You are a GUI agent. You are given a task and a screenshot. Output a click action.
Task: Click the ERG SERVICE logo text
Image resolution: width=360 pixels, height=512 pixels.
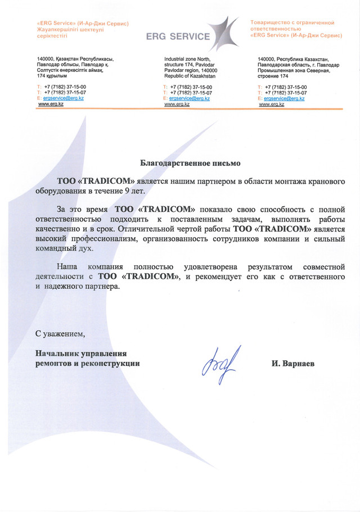point(178,37)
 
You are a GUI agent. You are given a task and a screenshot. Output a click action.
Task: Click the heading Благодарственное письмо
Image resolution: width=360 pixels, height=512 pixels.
point(190,164)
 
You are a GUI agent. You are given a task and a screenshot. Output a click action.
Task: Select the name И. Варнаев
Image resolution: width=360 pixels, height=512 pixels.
point(293,364)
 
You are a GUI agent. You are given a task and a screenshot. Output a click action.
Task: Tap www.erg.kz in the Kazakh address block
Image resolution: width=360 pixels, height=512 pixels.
point(50,105)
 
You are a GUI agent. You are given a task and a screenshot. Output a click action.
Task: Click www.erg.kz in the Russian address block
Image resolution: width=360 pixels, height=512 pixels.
point(271,105)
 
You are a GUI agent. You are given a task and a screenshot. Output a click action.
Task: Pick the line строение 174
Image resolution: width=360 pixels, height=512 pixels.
point(273,75)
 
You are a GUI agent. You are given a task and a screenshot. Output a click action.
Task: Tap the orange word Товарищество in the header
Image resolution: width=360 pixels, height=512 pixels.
point(274,22)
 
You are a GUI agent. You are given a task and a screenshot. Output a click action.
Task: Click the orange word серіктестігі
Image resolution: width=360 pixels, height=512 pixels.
point(52,35)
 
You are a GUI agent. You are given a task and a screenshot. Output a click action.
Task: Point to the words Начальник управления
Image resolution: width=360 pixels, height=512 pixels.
point(81,354)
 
